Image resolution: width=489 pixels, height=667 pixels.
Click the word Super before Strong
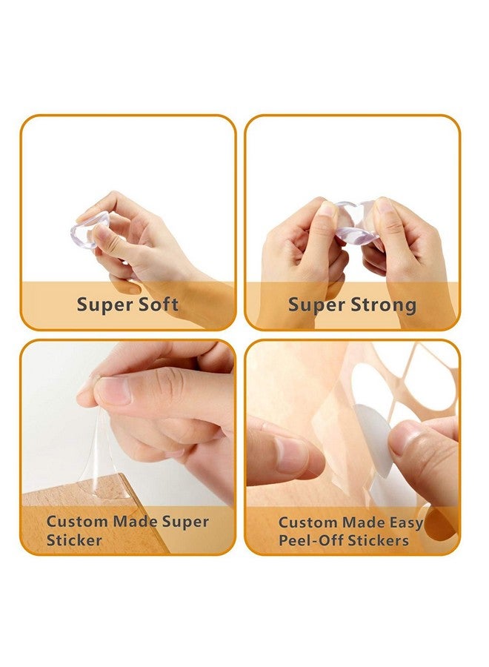pos(315,305)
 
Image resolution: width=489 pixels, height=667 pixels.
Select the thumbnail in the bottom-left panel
pos(113,390)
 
